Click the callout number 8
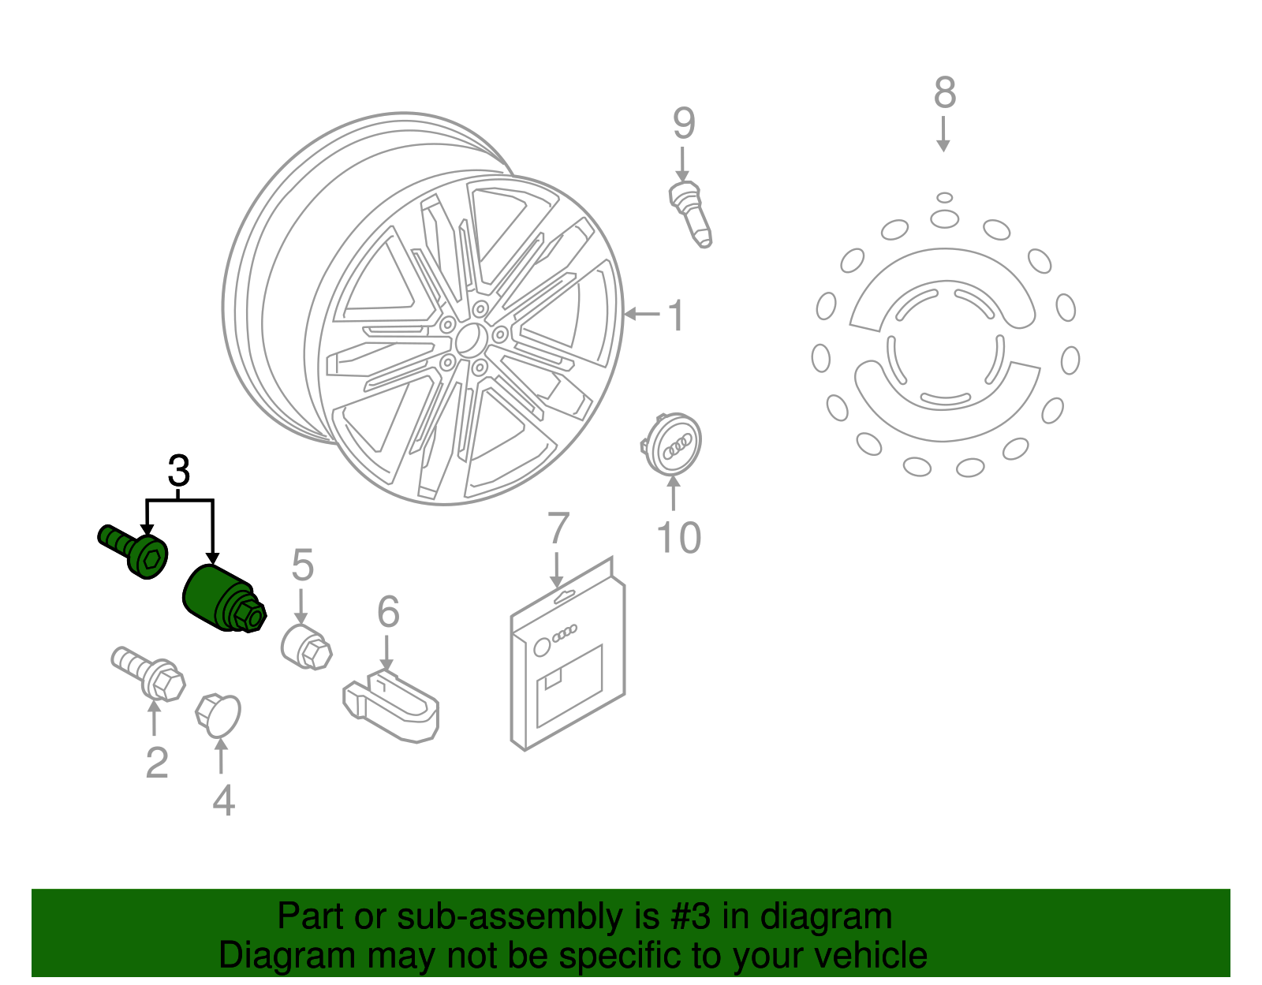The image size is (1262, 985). click(x=944, y=93)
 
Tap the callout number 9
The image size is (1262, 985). click(x=684, y=124)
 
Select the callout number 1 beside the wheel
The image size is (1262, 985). click(x=676, y=315)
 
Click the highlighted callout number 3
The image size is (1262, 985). click(x=179, y=472)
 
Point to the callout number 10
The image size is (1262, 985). click(x=678, y=538)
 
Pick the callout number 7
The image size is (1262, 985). click(x=558, y=528)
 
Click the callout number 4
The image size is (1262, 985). click(x=223, y=800)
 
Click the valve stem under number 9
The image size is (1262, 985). click(x=691, y=213)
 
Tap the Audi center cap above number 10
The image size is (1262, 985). click(x=673, y=444)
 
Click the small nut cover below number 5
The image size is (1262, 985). click(x=306, y=647)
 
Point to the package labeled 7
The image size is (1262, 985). click(x=568, y=659)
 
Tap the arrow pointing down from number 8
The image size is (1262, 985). click(x=943, y=134)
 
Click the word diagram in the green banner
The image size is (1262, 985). click(x=826, y=916)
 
